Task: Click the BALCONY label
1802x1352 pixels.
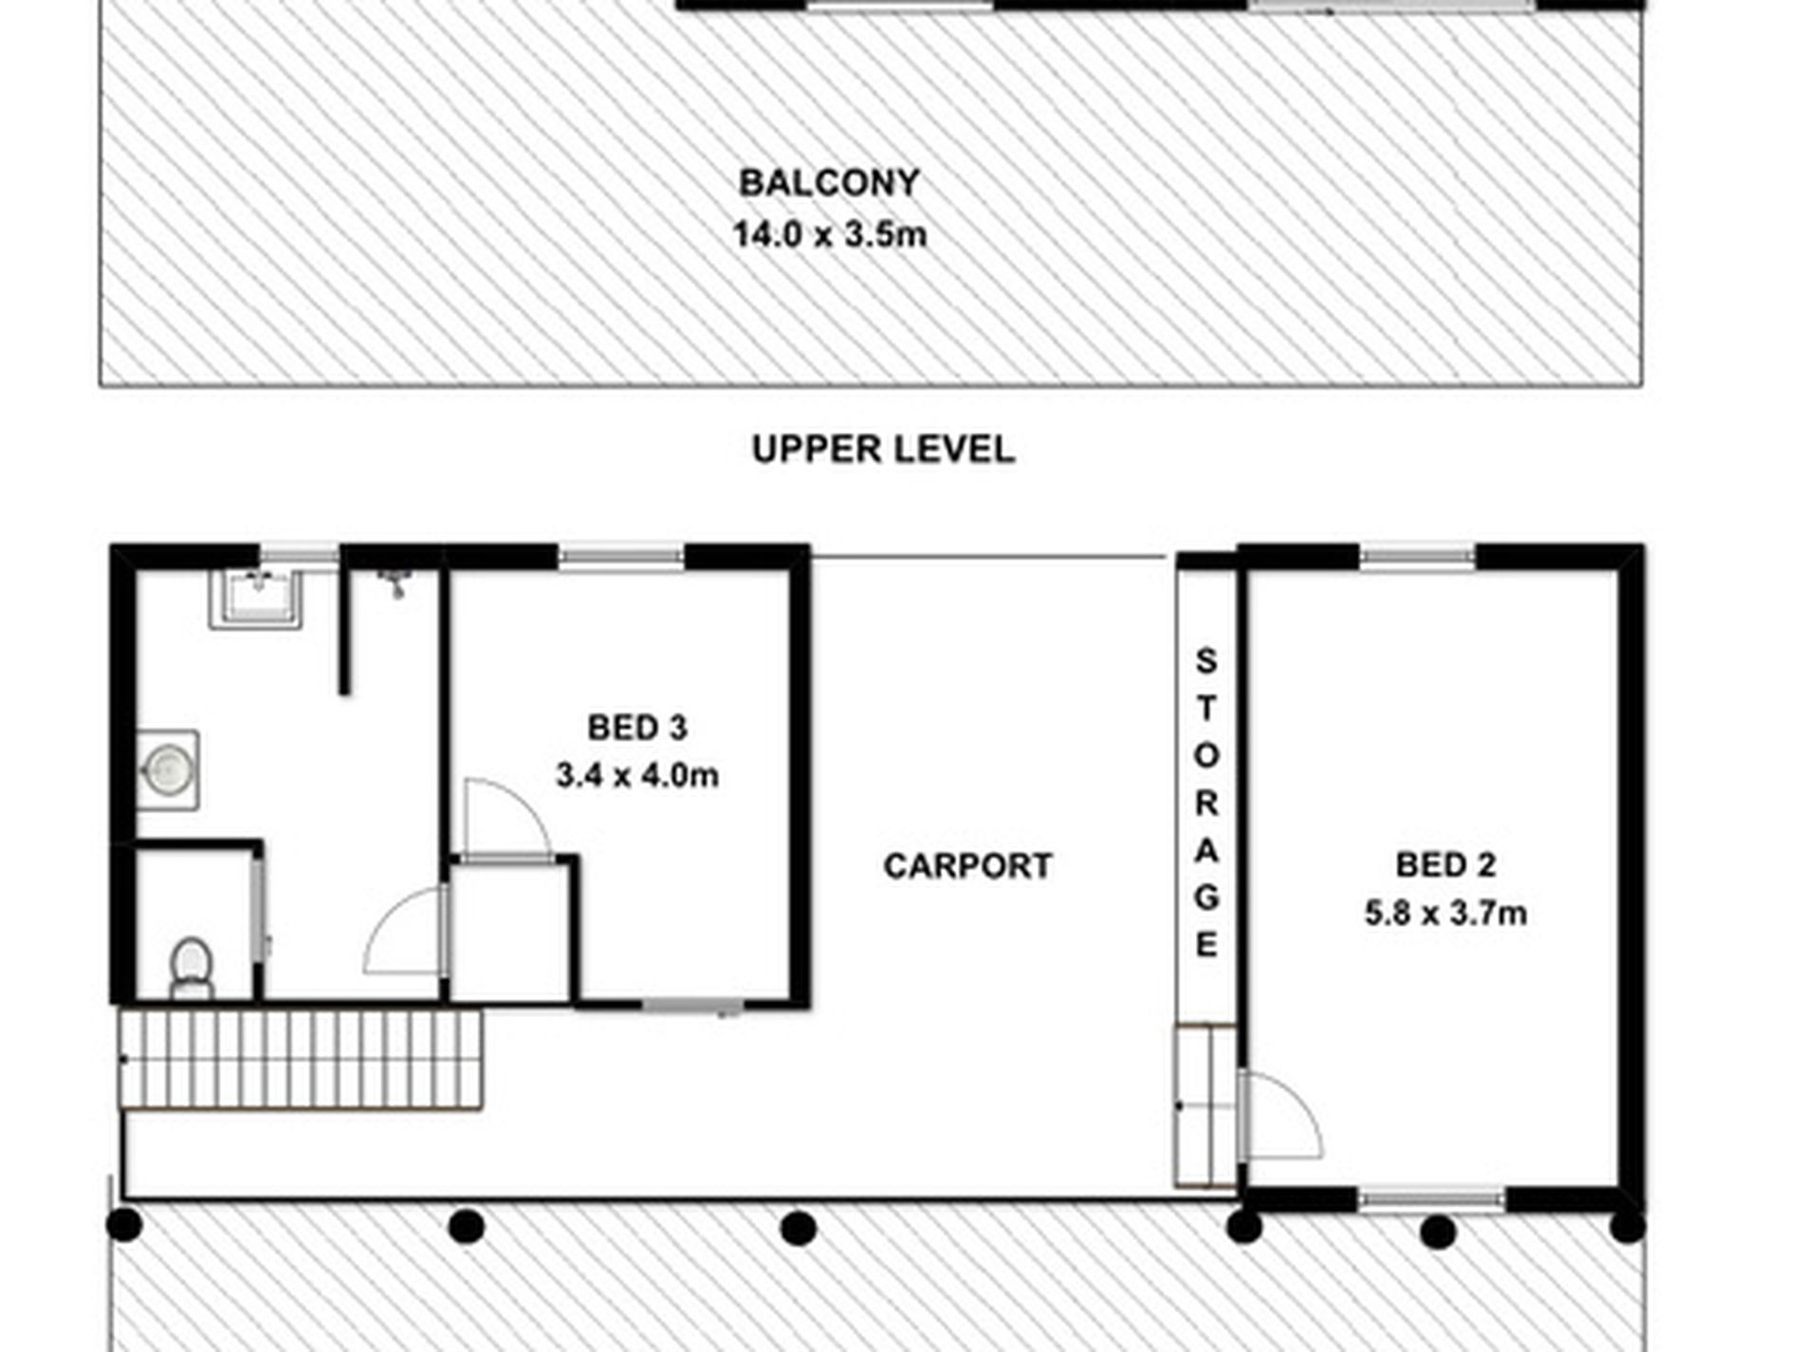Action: (829, 183)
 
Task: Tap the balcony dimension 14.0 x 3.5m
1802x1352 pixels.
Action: (829, 234)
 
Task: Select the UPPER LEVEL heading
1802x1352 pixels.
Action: (883, 449)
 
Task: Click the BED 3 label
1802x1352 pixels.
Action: (636, 728)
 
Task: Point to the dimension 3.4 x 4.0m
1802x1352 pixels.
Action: (636, 775)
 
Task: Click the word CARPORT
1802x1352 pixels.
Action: (967, 865)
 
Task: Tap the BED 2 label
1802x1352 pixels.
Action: (1445, 864)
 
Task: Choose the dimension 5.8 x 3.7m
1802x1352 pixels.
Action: (1445, 913)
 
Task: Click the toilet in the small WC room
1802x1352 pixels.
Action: (192, 968)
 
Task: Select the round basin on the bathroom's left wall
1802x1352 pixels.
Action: (168, 769)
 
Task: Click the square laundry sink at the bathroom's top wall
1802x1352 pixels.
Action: (256, 599)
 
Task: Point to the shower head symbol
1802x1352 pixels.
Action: (394, 583)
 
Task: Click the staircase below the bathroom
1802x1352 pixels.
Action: (301, 1059)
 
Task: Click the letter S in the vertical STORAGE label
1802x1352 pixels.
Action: (1205, 660)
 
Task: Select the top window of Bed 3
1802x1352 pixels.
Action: (620, 557)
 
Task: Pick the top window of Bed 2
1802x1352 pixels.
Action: (1417, 557)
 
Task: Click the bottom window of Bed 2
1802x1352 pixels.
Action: (1431, 1200)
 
